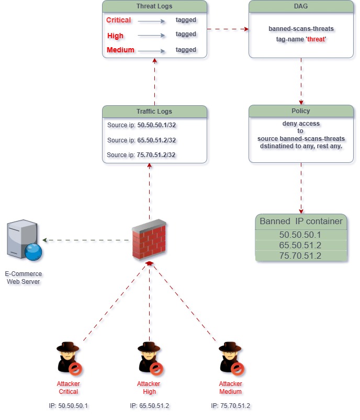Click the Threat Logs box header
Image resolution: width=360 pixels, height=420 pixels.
tap(154, 7)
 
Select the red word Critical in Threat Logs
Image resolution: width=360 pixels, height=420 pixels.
tap(119, 20)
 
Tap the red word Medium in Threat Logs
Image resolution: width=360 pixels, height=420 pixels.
tap(121, 50)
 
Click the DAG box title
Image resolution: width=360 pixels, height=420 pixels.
tap(301, 7)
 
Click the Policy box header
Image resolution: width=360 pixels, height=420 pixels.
tap(301, 111)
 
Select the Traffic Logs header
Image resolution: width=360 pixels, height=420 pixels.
tap(154, 112)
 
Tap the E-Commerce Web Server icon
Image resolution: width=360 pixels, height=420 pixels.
tap(24, 241)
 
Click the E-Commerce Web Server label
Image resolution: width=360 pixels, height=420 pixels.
tap(24, 278)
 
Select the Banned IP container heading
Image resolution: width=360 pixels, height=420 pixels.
tap(301, 221)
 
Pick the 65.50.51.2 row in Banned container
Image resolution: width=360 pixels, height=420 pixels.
tap(301, 245)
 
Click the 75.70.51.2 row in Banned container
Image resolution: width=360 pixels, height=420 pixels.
tap(301, 256)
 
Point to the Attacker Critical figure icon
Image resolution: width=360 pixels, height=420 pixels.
tap(69, 359)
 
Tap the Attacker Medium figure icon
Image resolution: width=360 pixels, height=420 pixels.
tap(231, 359)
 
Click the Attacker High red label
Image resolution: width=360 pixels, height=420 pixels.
tap(149, 388)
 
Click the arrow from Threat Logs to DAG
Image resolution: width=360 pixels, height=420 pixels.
tap(228, 29)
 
